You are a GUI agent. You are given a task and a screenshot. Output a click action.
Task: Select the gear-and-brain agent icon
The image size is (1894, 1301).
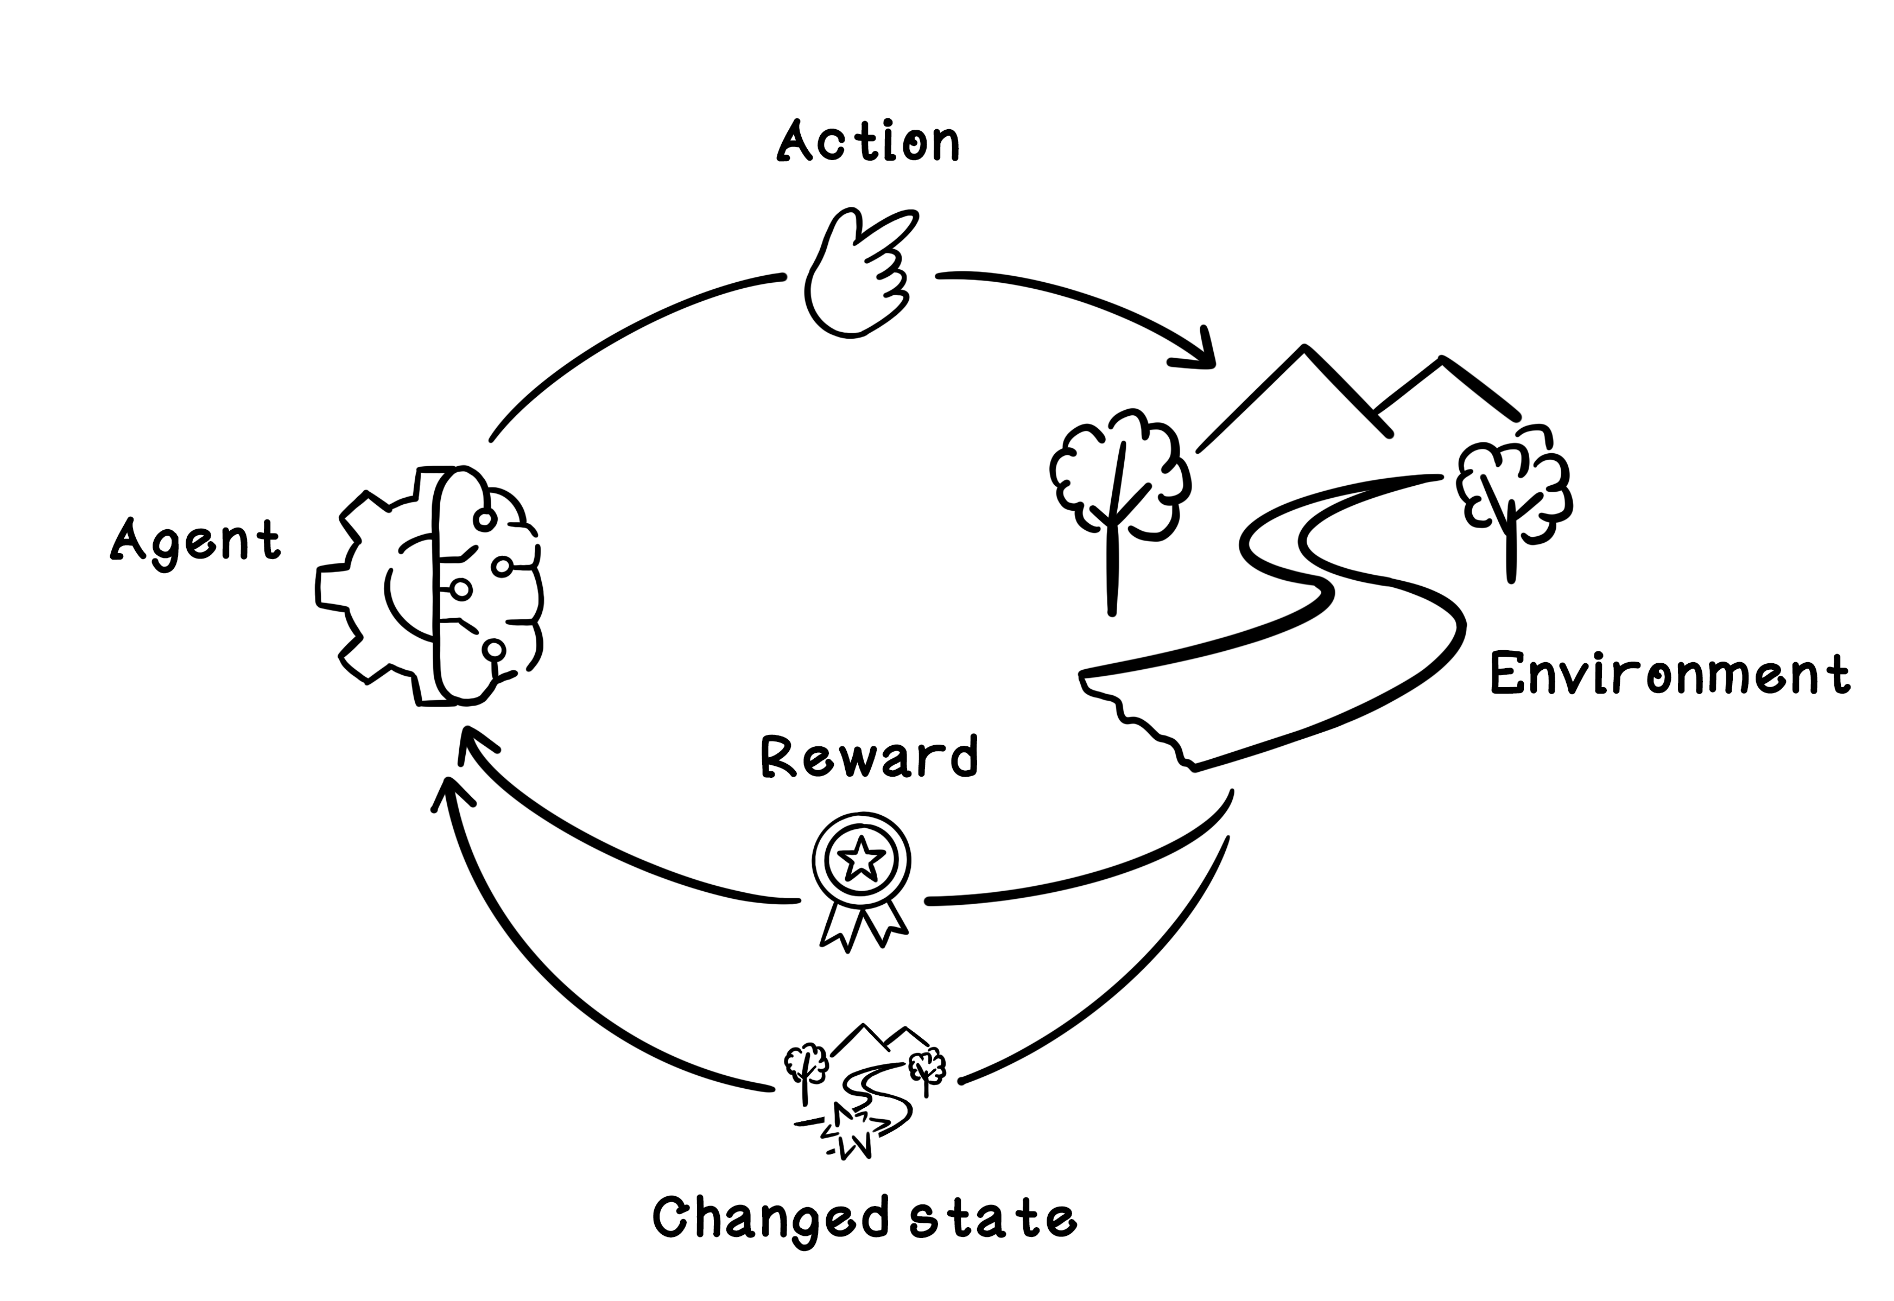tap(430, 585)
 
